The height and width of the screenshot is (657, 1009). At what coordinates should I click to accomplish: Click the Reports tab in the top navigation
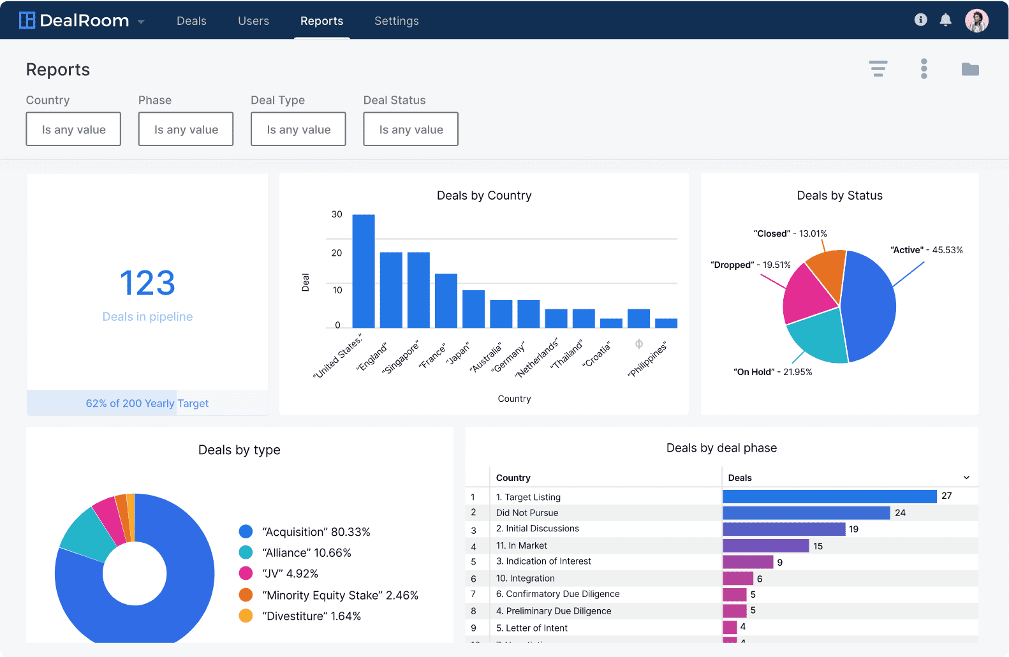tap(321, 21)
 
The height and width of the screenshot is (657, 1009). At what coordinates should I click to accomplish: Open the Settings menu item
tap(396, 21)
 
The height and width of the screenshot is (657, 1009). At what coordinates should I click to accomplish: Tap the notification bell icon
tap(945, 20)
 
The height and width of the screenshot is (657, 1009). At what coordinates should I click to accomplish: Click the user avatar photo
tap(976, 20)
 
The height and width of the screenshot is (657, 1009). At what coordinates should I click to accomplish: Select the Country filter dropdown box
tap(73, 129)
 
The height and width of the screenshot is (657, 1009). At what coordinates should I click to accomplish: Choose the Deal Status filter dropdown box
tap(410, 129)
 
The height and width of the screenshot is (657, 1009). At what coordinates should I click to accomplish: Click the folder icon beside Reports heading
tap(969, 69)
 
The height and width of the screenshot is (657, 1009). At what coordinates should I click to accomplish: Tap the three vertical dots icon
tap(924, 68)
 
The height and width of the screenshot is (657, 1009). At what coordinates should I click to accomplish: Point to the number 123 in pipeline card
tap(147, 283)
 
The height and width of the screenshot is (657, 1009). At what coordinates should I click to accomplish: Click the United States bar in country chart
tap(363, 271)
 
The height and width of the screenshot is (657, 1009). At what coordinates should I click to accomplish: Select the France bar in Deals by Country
tap(446, 300)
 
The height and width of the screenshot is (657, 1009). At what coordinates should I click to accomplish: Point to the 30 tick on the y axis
tap(337, 214)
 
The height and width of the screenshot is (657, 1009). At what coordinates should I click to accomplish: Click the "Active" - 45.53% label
tap(926, 250)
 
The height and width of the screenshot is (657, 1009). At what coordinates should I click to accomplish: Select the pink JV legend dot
tap(246, 573)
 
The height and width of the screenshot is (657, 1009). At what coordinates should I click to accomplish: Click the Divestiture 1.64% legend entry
tap(311, 616)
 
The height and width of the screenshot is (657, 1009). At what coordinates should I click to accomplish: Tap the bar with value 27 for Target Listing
tap(829, 496)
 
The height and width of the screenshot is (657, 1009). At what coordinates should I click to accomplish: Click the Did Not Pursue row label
tap(527, 513)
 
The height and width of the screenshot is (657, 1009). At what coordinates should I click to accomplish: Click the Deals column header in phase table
tap(740, 478)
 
